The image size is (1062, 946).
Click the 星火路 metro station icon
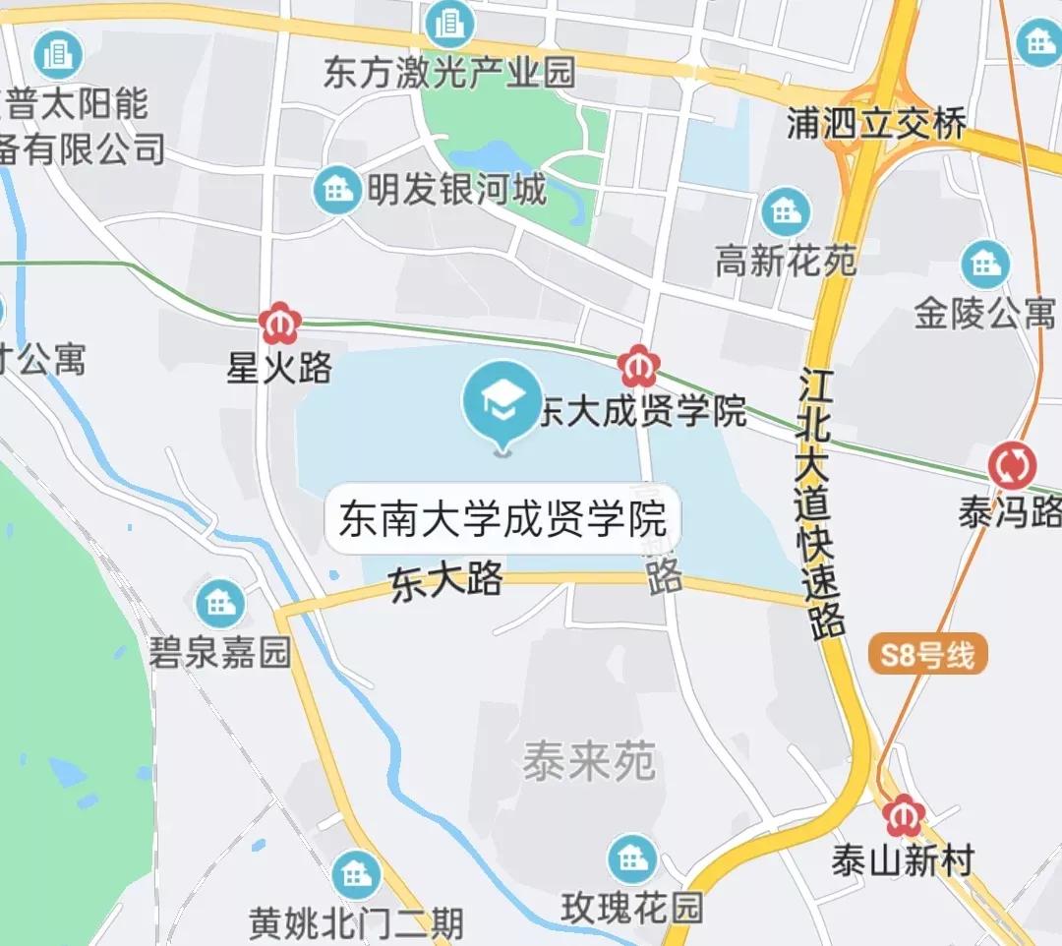point(279,323)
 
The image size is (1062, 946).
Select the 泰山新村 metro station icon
point(902,815)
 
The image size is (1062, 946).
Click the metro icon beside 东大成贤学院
point(638,367)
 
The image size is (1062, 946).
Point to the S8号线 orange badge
point(927,655)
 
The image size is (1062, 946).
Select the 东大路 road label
point(446,580)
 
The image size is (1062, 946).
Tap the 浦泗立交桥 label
point(877,123)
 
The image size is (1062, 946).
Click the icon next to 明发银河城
point(337,190)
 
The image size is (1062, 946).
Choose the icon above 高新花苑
point(786,210)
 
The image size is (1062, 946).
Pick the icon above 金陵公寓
point(985,264)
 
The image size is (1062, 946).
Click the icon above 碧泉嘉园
point(220,603)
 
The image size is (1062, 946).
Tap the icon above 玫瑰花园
point(632,858)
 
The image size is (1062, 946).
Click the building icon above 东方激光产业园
point(449,24)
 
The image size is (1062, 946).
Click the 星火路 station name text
point(279,369)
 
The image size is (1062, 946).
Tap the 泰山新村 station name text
point(902,861)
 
